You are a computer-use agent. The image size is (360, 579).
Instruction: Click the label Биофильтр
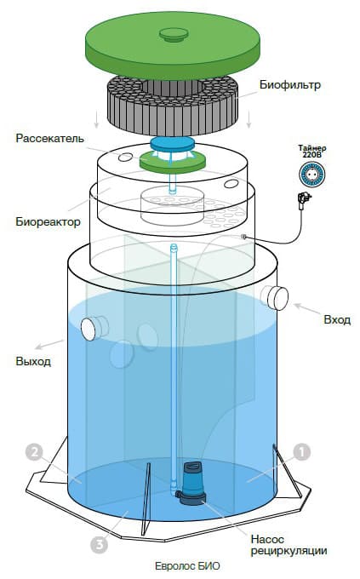click(x=289, y=86)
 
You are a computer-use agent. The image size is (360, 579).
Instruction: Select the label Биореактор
click(x=48, y=222)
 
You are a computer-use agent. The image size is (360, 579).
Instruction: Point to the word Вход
click(x=337, y=320)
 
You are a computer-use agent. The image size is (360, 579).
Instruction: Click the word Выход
click(x=32, y=361)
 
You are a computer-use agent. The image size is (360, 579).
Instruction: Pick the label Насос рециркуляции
click(x=288, y=545)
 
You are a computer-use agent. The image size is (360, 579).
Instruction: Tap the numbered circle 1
click(x=302, y=451)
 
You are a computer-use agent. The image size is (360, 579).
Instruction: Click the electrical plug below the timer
click(x=301, y=201)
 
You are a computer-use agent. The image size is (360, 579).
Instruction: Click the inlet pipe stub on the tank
click(x=274, y=296)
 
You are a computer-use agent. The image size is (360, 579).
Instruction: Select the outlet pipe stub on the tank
click(x=91, y=327)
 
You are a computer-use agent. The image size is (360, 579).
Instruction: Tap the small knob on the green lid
click(x=174, y=33)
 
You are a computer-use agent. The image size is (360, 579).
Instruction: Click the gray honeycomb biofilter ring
click(x=170, y=104)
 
